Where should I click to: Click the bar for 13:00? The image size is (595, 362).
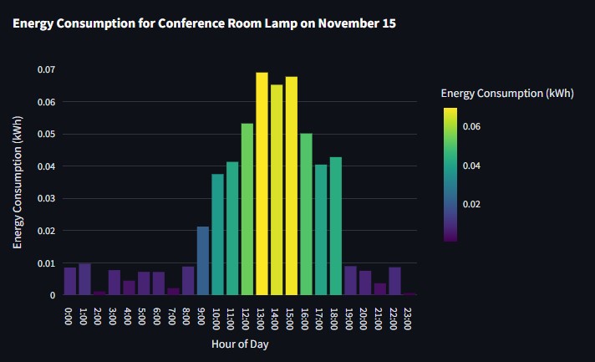coord(262,184)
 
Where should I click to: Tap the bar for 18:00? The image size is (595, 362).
coord(336,226)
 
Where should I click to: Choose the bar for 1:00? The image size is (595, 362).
coord(84,279)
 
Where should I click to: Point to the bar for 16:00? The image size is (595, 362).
coord(306,214)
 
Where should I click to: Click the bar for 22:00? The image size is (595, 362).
coord(394,281)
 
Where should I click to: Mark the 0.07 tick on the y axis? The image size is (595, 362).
coord(46,69)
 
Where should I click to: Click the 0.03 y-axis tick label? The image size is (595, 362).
coord(46,198)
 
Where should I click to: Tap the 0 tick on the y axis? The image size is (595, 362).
coord(52,295)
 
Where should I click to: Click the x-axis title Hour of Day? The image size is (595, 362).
coord(240,344)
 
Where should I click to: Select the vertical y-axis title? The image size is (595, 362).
coord(18,182)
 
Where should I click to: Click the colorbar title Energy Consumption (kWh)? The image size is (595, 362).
coord(507,94)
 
